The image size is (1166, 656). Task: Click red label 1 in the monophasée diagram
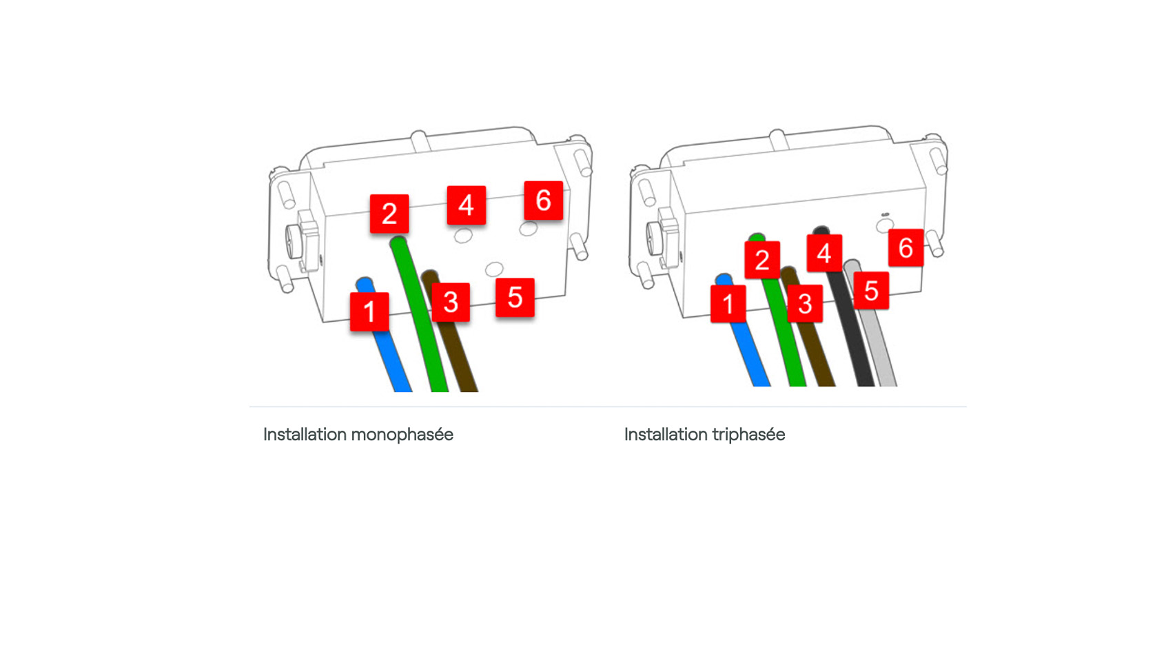click(369, 311)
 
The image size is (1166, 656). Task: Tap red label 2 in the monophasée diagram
click(389, 214)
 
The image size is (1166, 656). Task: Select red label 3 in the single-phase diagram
click(451, 302)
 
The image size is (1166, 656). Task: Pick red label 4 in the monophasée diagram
click(467, 205)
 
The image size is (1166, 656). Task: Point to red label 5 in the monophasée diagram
click(515, 297)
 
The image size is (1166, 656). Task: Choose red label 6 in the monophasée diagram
click(544, 201)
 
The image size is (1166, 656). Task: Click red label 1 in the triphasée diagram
click(728, 303)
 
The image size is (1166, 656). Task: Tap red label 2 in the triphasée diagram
click(762, 259)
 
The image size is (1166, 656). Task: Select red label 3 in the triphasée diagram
click(806, 303)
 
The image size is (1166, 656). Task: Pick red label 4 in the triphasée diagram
click(824, 253)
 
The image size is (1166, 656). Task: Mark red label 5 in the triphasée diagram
click(871, 290)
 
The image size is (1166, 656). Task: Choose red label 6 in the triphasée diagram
click(906, 248)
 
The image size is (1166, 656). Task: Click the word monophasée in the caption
click(402, 435)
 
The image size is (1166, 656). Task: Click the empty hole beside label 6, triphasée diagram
click(884, 225)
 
